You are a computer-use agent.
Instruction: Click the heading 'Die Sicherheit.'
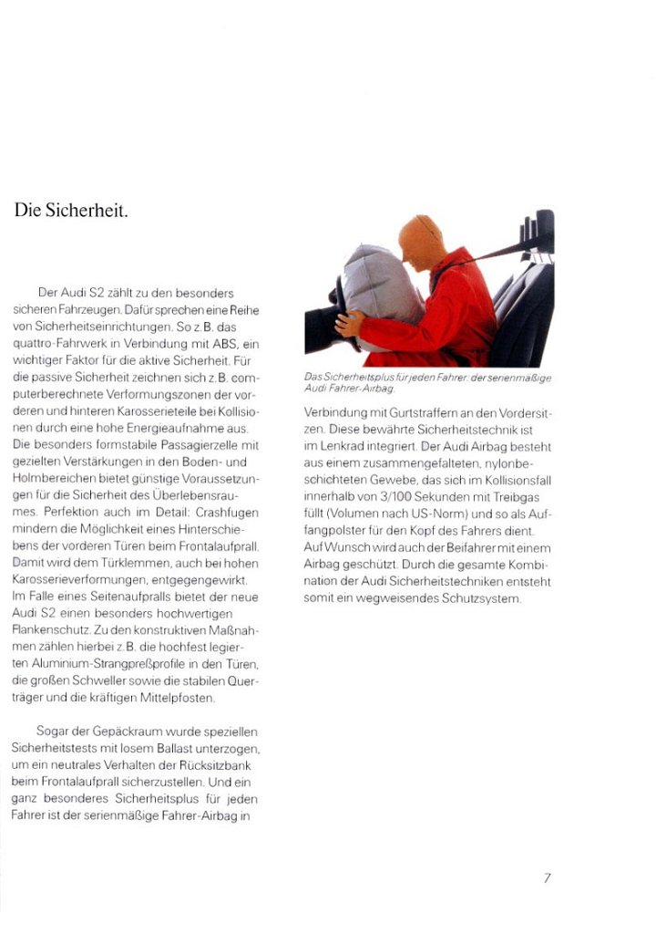71,211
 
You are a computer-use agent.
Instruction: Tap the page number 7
547,878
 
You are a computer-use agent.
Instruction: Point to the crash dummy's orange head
421,242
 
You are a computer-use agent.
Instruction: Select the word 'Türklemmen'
85,562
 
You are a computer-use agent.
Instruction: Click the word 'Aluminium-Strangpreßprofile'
109,663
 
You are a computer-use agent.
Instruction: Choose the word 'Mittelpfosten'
179,697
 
